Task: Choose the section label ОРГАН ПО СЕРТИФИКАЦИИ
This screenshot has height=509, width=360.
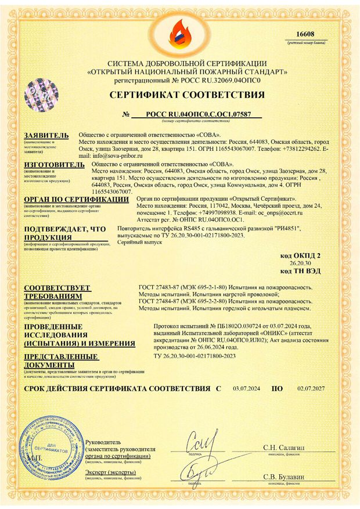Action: (75, 199)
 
